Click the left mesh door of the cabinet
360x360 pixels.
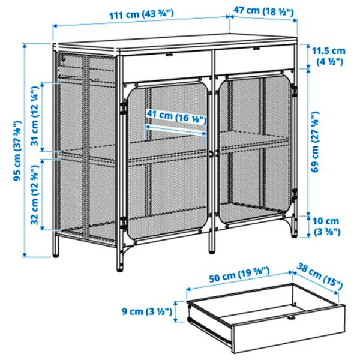click(168, 162)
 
